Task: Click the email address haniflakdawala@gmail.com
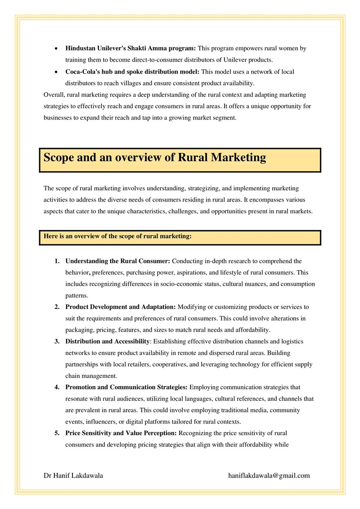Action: (x=269, y=475)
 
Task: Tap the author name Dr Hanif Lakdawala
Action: (x=73, y=475)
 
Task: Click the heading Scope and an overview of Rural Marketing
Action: (x=155, y=158)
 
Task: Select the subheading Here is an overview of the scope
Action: (x=118, y=235)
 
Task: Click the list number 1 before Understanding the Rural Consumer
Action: (x=57, y=261)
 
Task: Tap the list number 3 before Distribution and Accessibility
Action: (x=57, y=341)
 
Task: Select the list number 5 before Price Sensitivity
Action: (x=57, y=433)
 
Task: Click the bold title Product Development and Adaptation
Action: (x=121, y=307)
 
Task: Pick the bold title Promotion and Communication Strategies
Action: (x=126, y=387)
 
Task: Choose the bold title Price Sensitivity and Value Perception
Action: (x=121, y=433)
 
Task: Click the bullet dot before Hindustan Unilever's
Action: (x=55, y=48)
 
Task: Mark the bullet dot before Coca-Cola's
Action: (x=55, y=72)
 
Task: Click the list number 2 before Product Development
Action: (x=57, y=307)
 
